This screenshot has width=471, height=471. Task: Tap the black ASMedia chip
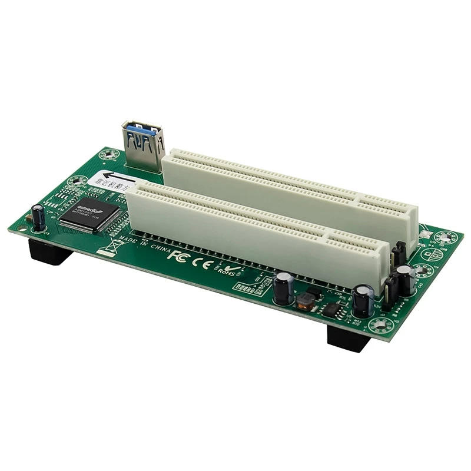89,213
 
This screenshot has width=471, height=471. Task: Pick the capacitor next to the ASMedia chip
38,217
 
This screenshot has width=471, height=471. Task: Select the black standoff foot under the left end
49,251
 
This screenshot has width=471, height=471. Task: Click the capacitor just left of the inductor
283,288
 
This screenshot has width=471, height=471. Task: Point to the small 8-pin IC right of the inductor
333,310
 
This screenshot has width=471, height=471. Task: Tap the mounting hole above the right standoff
382,324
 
